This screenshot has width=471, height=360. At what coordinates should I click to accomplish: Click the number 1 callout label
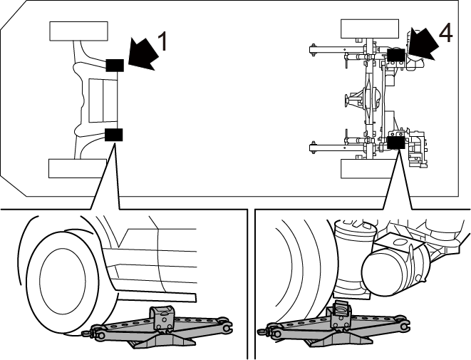tap(162, 41)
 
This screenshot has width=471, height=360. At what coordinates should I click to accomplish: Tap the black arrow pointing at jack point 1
tap(143, 54)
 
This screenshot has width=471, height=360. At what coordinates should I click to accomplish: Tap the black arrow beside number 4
tap(422, 43)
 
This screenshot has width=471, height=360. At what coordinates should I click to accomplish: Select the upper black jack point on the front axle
tap(115, 66)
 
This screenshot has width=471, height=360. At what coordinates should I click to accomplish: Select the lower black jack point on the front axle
tap(114, 135)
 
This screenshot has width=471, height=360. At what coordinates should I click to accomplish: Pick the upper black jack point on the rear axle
tap(396, 55)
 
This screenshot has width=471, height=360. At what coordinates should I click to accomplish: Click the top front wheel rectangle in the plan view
tap(78, 31)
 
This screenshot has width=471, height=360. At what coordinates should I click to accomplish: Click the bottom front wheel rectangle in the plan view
tap(78, 168)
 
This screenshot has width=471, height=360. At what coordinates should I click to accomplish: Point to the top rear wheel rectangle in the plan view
tap(370, 29)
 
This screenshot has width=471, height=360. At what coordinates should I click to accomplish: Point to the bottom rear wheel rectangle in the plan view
tap(368, 168)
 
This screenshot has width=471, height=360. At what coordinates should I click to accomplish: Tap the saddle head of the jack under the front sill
tap(162, 317)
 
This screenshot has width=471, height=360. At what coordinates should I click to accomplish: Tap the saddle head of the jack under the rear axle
tap(341, 313)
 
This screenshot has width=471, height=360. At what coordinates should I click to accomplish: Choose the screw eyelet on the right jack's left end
tap(262, 331)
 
